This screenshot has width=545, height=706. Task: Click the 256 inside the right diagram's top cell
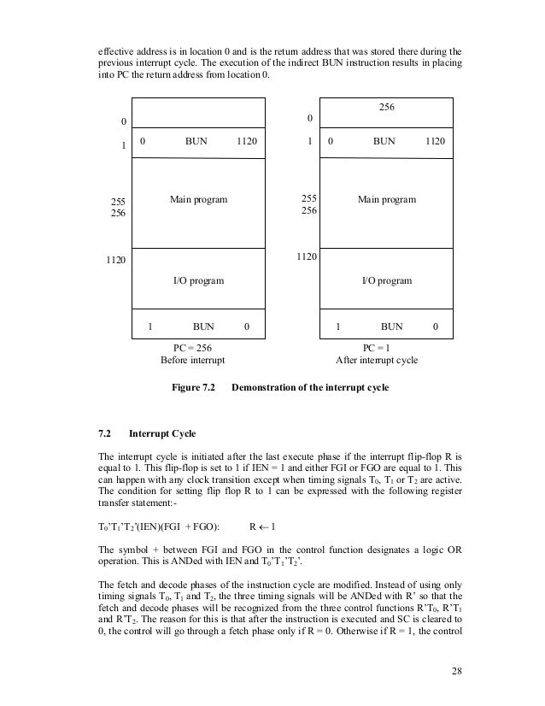(x=387, y=109)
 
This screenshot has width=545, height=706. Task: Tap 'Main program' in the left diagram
(x=198, y=199)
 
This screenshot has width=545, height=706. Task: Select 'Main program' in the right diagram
(x=387, y=199)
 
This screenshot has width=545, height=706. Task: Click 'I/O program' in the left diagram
(x=198, y=280)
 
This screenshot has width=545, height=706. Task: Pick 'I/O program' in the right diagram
(x=387, y=280)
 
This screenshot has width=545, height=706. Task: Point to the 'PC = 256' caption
(x=192, y=348)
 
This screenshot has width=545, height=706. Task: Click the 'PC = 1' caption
(x=377, y=348)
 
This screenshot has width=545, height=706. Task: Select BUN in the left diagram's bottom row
(x=203, y=326)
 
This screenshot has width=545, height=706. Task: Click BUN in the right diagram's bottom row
(x=391, y=326)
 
